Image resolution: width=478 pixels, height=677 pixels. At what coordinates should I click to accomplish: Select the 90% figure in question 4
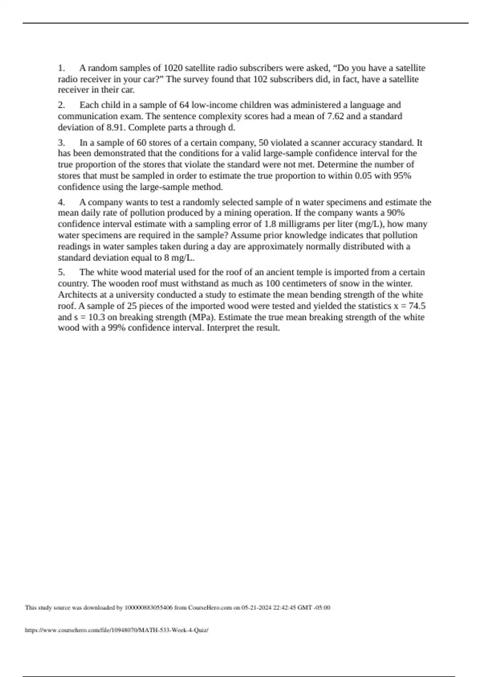[x=396, y=213]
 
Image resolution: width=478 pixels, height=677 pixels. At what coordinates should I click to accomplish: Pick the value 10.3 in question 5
[x=96, y=317]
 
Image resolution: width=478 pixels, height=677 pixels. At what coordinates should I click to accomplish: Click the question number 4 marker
[x=61, y=202]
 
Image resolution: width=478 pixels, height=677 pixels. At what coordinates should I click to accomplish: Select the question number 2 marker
[x=61, y=105]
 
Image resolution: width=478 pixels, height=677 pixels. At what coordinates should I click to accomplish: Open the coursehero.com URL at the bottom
[x=116, y=630]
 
